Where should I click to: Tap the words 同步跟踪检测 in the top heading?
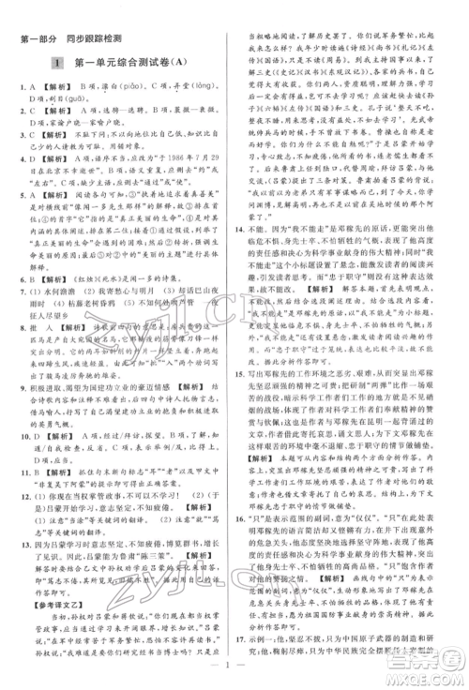(x=97, y=37)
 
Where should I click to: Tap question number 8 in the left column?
(x=21, y=302)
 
